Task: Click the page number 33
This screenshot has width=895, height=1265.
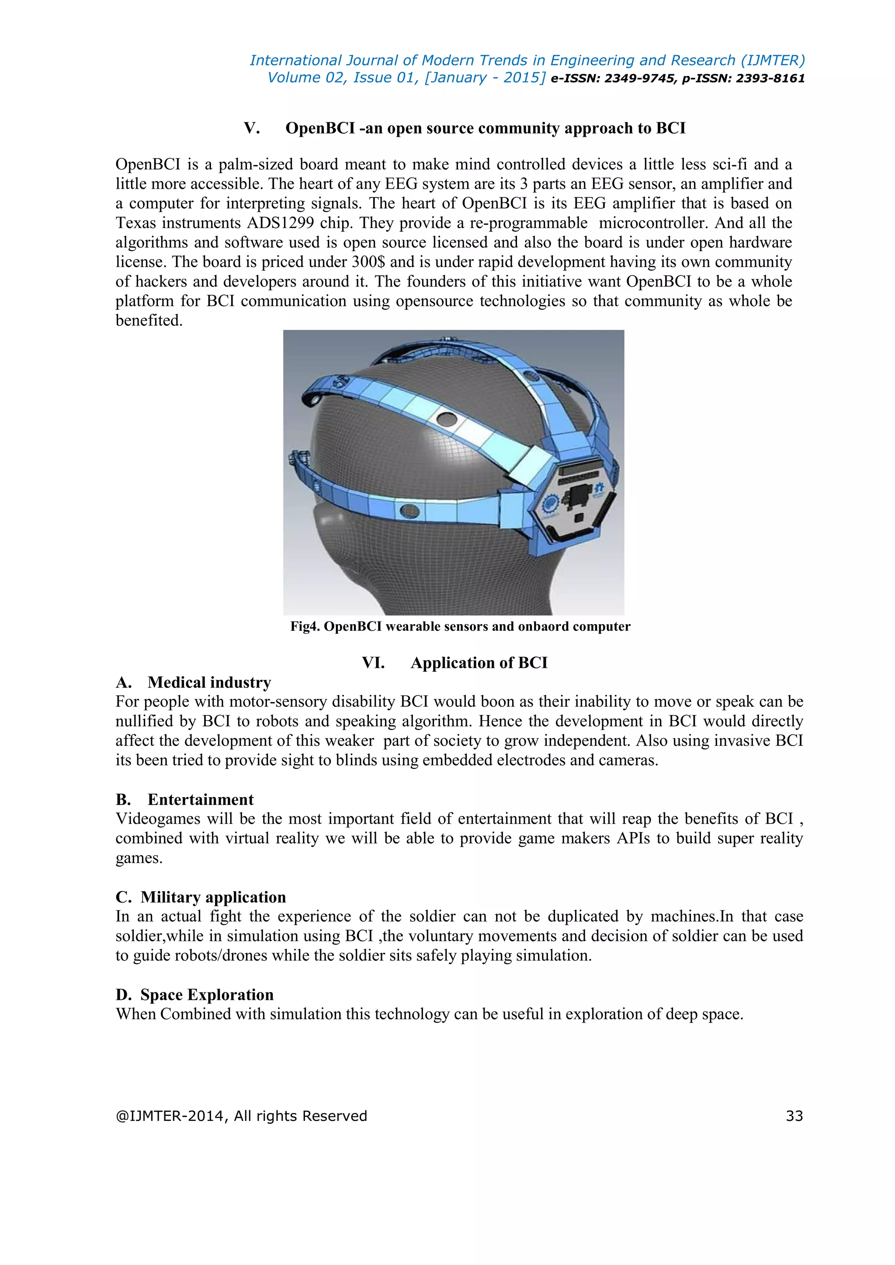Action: pyautogui.click(x=794, y=1116)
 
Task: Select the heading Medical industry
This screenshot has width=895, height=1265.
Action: pyautogui.click(x=209, y=683)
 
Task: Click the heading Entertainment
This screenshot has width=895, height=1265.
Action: pyautogui.click(x=201, y=799)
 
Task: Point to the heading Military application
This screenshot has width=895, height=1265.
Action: pyautogui.click(x=213, y=897)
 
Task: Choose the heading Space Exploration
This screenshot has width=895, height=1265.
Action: pyautogui.click(x=207, y=995)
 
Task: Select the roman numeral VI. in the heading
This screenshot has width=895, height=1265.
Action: pyautogui.click(x=373, y=663)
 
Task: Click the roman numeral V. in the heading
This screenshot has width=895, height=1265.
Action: pyautogui.click(x=252, y=128)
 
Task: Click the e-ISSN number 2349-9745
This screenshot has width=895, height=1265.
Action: pyautogui.click(x=639, y=78)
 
